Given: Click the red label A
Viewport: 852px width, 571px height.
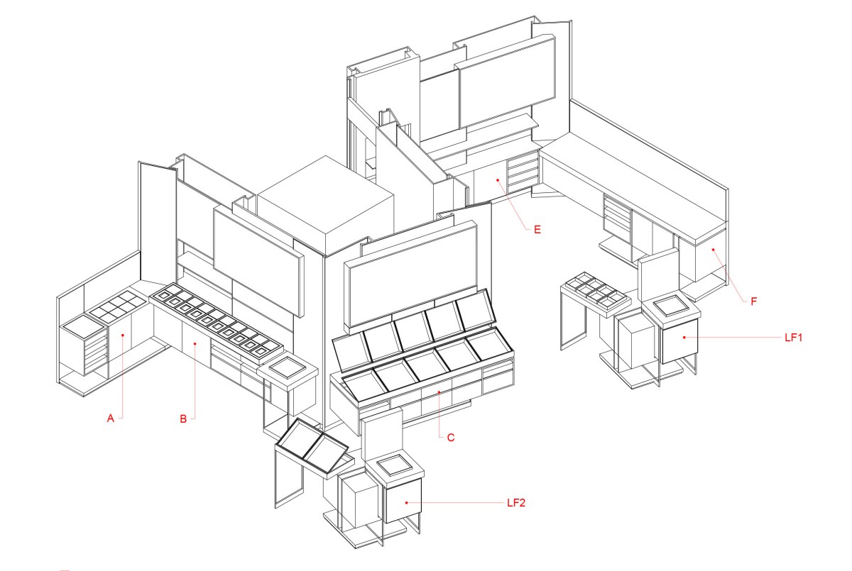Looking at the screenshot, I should click(x=110, y=419).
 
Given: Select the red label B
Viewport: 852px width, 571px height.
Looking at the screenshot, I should click(x=183, y=419).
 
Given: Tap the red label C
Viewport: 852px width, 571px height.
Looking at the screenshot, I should click(x=451, y=438).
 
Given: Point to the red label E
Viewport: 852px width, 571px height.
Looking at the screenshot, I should click(x=537, y=229).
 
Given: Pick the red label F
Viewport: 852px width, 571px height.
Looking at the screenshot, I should click(x=753, y=301).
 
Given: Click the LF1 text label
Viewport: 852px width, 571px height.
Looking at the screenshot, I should click(x=793, y=338).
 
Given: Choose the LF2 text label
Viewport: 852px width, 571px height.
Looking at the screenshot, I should click(x=516, y=503).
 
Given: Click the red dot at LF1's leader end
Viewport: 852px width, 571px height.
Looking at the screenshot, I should click(x=684, y=338).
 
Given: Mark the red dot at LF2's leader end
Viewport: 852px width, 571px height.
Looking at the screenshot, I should click(x=406, y=502).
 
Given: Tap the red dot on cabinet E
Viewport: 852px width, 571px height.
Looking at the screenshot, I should click(x=498, y=180).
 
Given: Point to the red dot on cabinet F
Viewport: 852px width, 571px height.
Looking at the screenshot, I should click(x=714, y=250).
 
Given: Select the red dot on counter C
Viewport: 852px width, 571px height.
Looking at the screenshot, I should click(x=438, y=392).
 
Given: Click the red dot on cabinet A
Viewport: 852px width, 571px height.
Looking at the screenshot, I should click(x=124, y=334).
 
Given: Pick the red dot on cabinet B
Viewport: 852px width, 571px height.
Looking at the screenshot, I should click(x=196, y=344).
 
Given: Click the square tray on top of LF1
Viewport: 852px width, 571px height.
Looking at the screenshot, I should click(x=670, y=305).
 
